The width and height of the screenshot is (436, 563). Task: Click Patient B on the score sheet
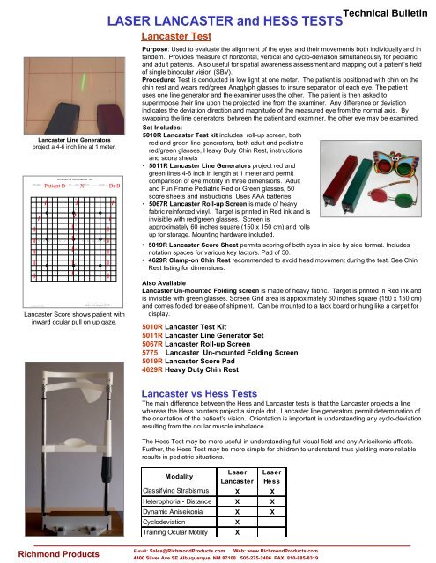click(x=56, y=186)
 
